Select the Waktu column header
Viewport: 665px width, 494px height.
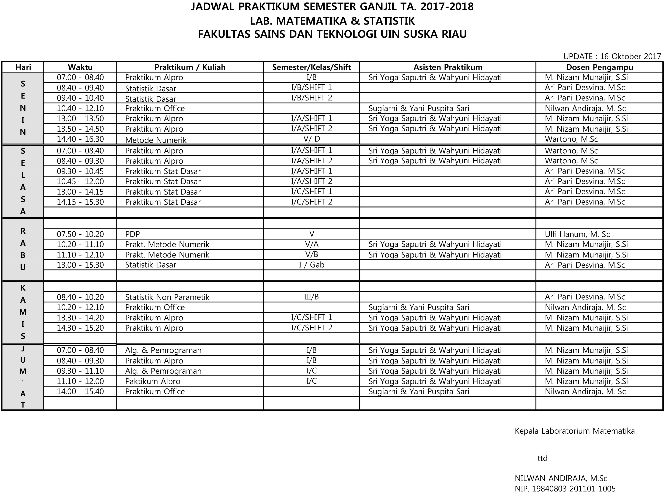[80, 67]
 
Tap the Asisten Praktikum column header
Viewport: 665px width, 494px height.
[448, 67]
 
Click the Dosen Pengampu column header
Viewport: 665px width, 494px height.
[599, 67]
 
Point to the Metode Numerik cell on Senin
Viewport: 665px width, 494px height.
[156, 140]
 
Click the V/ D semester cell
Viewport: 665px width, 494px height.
[311, 139]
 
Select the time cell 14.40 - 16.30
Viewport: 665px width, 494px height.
[80, 139]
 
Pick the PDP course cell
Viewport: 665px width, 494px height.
[132, 234]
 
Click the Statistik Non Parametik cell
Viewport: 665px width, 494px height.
[167, 297]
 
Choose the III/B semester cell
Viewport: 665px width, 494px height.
[311, 297]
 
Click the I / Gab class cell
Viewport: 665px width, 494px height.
[311, 265]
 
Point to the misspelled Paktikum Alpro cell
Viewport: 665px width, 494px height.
[153, 381]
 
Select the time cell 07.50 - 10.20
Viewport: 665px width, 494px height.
[80, 234]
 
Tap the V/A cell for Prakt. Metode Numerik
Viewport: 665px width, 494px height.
[311, 244]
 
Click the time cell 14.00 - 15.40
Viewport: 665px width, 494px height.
[80, 391]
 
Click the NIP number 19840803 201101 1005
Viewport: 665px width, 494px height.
[565, 489]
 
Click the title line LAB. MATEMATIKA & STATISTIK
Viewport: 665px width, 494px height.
[332, 21]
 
